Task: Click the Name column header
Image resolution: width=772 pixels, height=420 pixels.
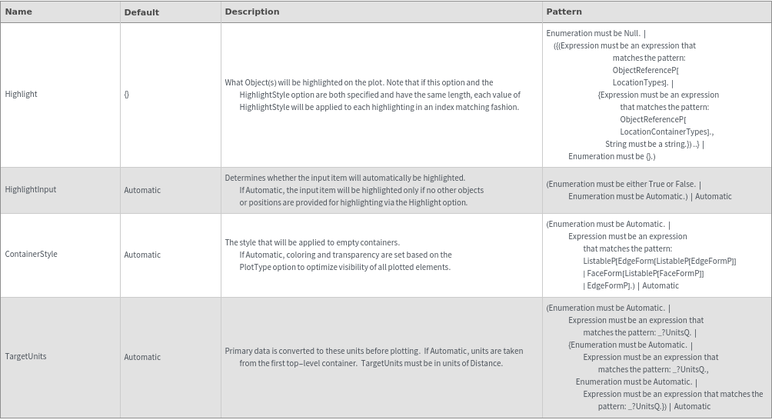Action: tap(18, 12)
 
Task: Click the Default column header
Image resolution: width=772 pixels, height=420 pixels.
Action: tap(141, 12)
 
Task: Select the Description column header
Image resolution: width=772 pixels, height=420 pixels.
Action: tap(252, 12)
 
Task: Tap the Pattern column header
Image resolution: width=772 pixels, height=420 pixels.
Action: tap(564, 12)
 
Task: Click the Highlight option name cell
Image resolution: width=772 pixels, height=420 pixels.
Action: tap(21, 95)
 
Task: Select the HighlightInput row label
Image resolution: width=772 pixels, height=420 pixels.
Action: tap(31, 190)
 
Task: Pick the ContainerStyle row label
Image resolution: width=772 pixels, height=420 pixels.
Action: tap(31, 255)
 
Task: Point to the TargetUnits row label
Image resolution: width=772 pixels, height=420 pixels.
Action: tap(25, 357)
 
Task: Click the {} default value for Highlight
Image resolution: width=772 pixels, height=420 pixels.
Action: tap(127, 95)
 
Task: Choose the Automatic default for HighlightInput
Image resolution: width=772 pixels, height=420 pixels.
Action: tap(142, 190)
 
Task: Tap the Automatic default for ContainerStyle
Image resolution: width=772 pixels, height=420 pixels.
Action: tap(142, 255)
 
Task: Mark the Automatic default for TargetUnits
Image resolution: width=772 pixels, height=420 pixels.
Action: tap(142, 357)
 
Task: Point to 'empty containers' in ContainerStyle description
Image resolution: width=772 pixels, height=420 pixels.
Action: tap(368, 242)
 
